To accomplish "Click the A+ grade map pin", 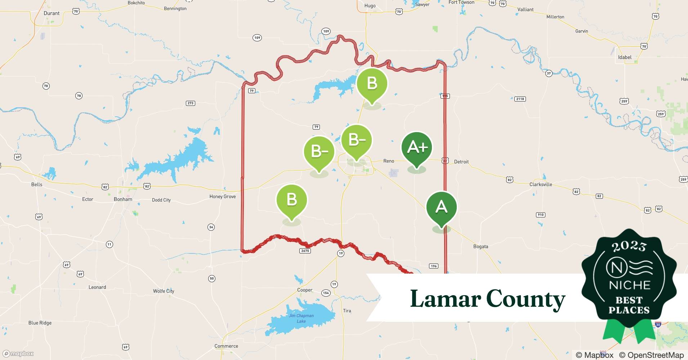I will click(417, 148).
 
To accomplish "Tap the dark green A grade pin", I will click(441, 207).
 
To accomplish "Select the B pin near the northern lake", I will click(372, 84).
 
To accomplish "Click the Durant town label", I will click(52, 13).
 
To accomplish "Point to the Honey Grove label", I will click(223, 197).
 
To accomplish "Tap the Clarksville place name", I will click(541, 184).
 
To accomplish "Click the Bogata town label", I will click(481, 247).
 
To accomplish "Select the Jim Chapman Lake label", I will click(301, 318).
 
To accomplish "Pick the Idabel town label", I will click(625, 57).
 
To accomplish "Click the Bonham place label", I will click(123, 199).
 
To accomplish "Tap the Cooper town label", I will click(305, 290).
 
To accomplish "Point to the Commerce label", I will click(226, 346).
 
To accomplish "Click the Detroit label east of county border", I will click(461, 162).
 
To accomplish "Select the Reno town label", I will click(389, 161).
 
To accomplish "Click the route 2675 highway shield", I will click(305, 251).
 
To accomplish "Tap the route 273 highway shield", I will click(191, 103).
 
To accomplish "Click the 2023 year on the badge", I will click(629, 246).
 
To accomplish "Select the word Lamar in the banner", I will click(446, 299).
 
